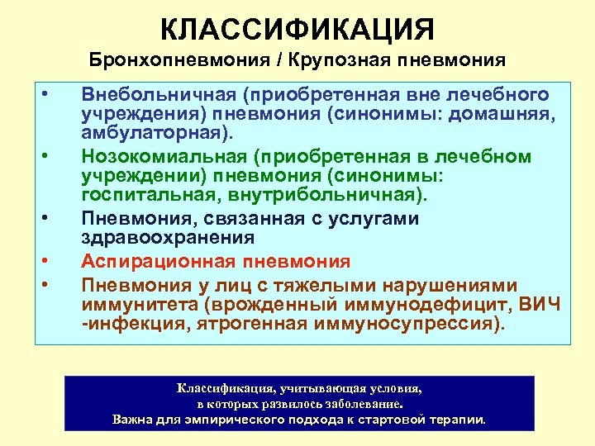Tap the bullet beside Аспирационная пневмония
[47, 262]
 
